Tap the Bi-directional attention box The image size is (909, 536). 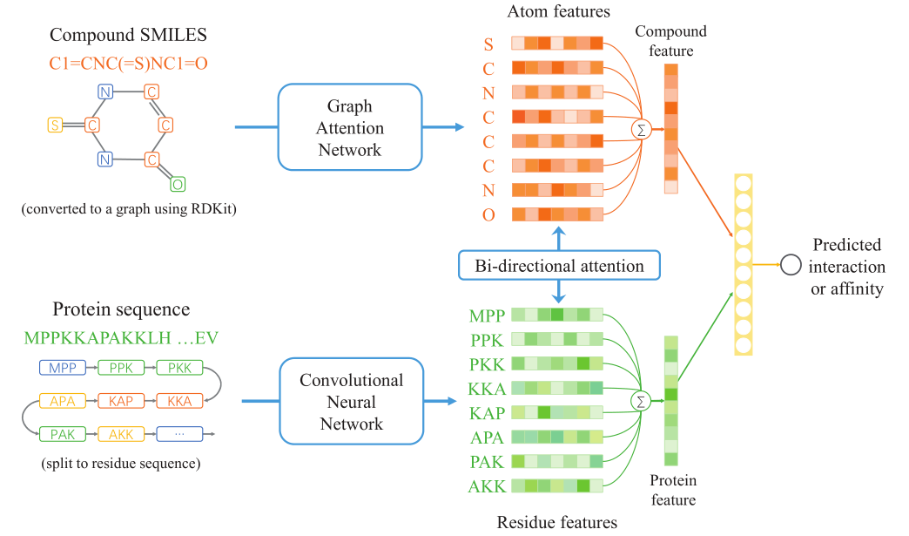(559, 266)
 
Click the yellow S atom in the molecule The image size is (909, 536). (55, 125)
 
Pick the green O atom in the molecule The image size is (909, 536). (178, 185)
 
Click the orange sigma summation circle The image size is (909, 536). (641, 129)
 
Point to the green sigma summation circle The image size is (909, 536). (641, 401)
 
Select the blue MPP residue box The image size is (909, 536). (63, 368)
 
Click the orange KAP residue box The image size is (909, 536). (121, 401)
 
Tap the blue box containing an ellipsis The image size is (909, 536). (179, 434)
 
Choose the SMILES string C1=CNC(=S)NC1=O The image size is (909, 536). (128, 64)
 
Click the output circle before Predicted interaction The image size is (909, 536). (791, 265)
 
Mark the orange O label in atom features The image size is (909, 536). (488, 215)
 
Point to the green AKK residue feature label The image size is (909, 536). (487, 486)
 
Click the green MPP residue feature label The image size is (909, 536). (487, 315)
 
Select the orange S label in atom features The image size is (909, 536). (488, 44)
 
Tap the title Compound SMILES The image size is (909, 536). (128, 35)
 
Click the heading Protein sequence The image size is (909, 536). (121, 309)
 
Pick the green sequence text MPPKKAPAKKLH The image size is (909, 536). (98, 337)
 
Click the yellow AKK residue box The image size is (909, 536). (121, 434)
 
